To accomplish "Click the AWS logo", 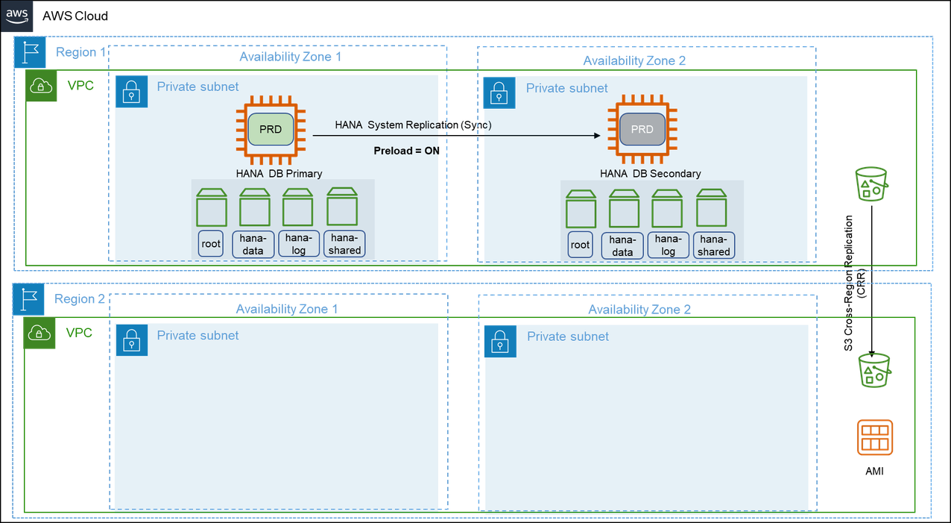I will (18, 16).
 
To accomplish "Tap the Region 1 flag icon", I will (30, 53).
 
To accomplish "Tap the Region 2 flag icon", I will (29, 299).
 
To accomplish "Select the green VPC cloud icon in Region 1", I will (41, 87).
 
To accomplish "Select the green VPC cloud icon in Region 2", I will (41, 333).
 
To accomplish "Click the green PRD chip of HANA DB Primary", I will (271, 130).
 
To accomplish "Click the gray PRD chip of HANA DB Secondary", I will (642, 130).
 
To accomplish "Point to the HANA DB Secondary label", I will (650, 174).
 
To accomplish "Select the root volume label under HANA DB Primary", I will (211, 244).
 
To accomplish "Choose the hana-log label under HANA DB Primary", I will (297, 244).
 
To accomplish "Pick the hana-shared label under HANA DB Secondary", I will (713, 245).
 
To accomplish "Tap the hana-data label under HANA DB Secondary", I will (623, 245).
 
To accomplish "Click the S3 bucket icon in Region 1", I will (871, 184).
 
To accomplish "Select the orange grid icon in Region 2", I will (874, 437).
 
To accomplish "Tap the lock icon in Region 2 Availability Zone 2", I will (499, 341).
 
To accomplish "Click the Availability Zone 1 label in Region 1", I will (290, 57).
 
